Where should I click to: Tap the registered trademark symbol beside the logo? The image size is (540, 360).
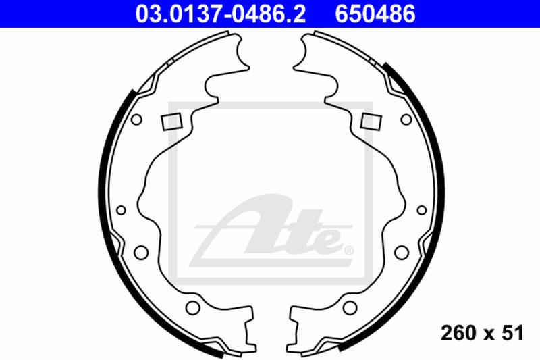(x=348, y=251)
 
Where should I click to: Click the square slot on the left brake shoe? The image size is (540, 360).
(x=171, y=122)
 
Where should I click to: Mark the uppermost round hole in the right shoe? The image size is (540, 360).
(x=406, y=120)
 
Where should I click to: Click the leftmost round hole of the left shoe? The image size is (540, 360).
(x=121, y=210)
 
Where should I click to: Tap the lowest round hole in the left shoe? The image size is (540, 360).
(x=192, y=309)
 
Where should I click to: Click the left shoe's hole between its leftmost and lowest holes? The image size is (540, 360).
(x=141, y=253)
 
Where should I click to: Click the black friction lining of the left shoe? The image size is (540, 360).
(x=109, y=169)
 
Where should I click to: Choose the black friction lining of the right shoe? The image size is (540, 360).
(x=431, y=169)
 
